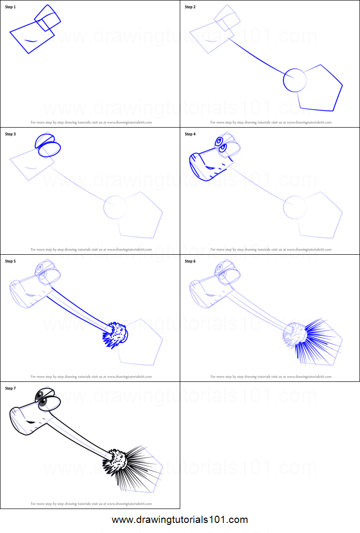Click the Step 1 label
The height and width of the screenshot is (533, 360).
(11, 7)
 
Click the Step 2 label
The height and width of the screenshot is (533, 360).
(190, 7)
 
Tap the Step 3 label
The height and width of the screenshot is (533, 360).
(11, 134)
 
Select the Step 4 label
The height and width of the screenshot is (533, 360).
(190, 134)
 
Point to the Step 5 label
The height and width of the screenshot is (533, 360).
(11, 261)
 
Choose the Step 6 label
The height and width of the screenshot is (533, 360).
(190, 261)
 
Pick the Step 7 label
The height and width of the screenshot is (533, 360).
(11, 389)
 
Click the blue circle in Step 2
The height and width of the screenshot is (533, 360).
(295, 80)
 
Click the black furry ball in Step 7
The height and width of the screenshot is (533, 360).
(116, 462)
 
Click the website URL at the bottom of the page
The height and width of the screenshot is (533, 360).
(180, 520)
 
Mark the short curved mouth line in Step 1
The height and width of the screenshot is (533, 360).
(30, 41)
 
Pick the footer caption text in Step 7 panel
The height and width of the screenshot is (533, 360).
(91, 504)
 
